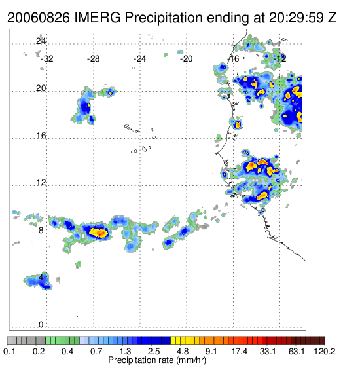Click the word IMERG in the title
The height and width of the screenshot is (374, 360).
pyautogui.click(x=98, y=18)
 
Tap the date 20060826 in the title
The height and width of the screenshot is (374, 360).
pyautogui.click(x=39, y=18)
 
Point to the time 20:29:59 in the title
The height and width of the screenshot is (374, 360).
pyautogui.click(x=297, y=18)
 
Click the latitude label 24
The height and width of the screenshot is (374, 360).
pyautogui.click(x=41, y=41)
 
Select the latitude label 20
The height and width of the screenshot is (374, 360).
pyautogui.click(x=41, y=88)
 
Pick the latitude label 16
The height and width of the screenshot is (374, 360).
pyautogui.click(x=41, y=136)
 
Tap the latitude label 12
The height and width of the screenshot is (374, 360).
pyautogui.click(x=41, y=183)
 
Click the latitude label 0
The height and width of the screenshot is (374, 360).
pyautogui.click(x=41, y=324)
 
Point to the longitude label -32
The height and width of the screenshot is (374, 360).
pyautogui.click(x=46, y=58)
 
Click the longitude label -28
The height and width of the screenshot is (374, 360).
pyautogui.click(x=93, y=58)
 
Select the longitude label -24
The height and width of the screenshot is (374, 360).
pyautogui.click(x=139, y=58)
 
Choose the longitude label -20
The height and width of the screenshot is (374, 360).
pyautogui.click(x=186, y=58)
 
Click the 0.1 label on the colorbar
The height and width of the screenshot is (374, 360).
pyautogui.click(x=9, y=351)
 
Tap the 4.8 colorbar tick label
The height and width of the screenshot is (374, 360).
pyautogui.click(x=183, y=351)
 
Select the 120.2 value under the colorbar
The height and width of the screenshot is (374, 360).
pyautogui.click(x=325, y=351)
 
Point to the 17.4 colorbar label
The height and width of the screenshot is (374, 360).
pyautogui.click(x=239, y=351)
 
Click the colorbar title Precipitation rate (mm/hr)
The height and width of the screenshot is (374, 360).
pyautogui.click(x=157, y=360)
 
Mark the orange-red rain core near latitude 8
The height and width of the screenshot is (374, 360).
pyautogui.click(x=99, y=233)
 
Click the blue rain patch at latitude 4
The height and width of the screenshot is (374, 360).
pyautogui.click(x=39, y=281)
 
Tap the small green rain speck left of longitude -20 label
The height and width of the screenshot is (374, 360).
pyautogui.click(x=166, y=55)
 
